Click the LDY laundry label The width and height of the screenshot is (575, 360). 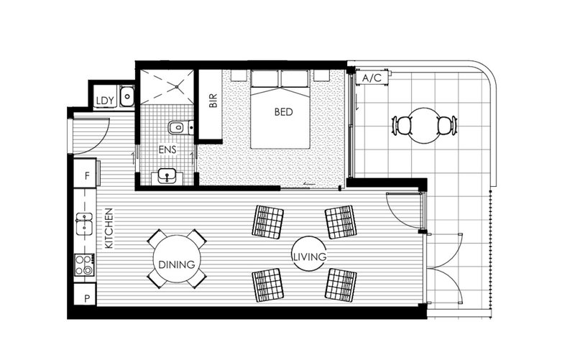pyautogui.click(x=105, y=101)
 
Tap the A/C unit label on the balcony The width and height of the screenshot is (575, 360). pyautogui.click(x=372, y=78)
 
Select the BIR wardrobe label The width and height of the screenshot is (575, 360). pyautogui.click(x=213, y=101)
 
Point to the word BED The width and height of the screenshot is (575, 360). pyautogui.click(x=283, y=112)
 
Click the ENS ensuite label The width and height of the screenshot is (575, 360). pyautogui.click(x=167, y=149)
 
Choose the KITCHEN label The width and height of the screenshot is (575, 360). pyautogui.click(x=109, y=229)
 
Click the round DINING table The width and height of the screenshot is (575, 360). pyautogui.click(x=177, y=259)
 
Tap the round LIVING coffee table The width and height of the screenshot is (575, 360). pyautogui.click(x=309, y=254)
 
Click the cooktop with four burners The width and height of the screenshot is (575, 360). pyautogui.click(x=84, y=265)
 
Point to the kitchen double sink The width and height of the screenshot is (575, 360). pyautogui.click(x=84, y=223)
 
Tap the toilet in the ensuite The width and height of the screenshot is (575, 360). pyautogui.click(x=181, y=128)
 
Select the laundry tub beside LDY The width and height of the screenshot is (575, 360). pyautogui.click(x=127, y=96)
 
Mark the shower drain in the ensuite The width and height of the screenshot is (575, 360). pyautogui.click(x=177, y=87)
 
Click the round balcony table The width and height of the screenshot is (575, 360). pyautogui.click(x=424, y=125)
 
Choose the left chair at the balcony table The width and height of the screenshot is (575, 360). pyautogui.click(x=402, y=125)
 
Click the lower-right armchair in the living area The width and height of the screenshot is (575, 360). pyautogui.click(x=341, y=285)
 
